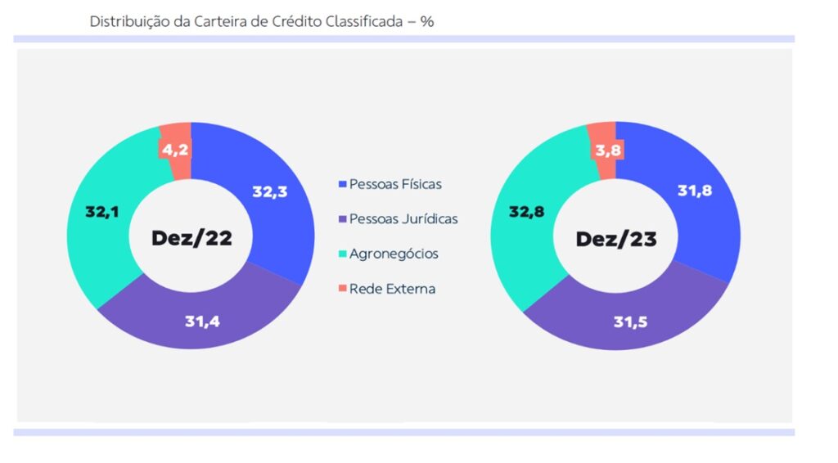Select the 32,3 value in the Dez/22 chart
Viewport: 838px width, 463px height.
pyautogui.click(x=270, y=192)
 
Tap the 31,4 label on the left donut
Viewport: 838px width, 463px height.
pyautogui.click(x=203, y=321)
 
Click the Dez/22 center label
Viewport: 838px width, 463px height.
pyautogui.click(x=191, y=238)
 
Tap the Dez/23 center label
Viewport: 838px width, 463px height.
pyautogui.click(x=616, y=238)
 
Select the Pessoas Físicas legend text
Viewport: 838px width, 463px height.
pyautogui.click(x=395, y=184)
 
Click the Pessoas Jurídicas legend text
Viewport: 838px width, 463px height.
pyautogui.click(x=403, y=218)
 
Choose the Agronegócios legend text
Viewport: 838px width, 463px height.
pyautogui.click(x=394, y=254)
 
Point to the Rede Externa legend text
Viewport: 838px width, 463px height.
pyautogui.click(x=392, y=289)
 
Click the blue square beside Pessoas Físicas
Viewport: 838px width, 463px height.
pyautogui.click(x=342, y=185)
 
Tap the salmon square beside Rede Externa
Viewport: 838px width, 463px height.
pyautogui.click(x=342, y=289)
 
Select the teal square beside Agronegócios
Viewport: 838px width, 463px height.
pyautogui.click(x=342, y=254)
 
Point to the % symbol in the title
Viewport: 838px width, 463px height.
pyautogui.click(x=427, y=21)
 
